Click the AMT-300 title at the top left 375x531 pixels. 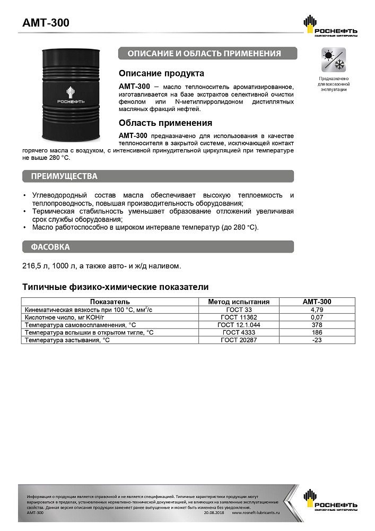tap(46, 23)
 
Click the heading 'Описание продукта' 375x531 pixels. tap(161, 73)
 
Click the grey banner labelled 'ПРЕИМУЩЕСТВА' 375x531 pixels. tap(158, 176)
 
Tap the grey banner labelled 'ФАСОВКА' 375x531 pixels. tap(158, 247)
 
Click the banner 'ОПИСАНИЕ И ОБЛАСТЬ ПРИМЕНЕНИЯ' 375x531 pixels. tap(207, 54)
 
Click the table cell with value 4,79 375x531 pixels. tap(317, 309)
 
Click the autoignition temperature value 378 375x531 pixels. tap(317, 324)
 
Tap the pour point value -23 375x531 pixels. tap(317, 340)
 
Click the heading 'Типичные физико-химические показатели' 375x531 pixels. tap(115, 287)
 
